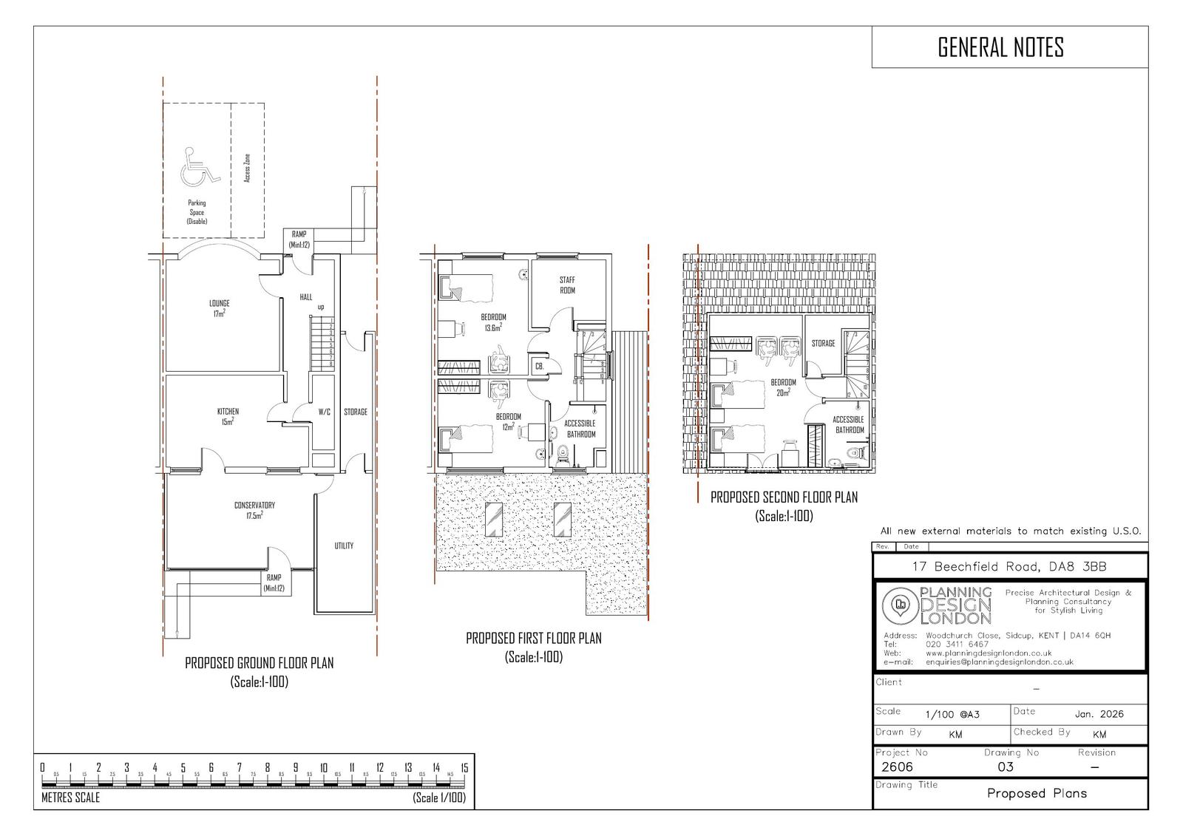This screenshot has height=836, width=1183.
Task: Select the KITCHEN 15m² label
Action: point(228,416)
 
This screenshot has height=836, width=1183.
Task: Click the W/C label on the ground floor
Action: point(324,412)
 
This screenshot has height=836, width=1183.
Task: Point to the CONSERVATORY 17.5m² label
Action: point(254,510)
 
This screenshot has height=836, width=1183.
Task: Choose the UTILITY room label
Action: point(344,546)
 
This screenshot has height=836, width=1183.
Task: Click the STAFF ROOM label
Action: point(567,285)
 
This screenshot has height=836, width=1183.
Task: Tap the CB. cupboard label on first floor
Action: point(539,366)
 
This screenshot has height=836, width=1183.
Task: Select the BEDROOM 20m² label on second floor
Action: point(783,387)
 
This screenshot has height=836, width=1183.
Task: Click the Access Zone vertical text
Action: point(247,169)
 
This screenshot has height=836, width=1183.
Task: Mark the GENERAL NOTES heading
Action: point(1000,47)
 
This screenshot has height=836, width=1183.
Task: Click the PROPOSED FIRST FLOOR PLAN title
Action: point(533,638)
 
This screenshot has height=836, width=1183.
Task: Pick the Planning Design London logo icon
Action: point(900,605)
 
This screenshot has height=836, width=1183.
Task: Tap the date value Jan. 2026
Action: point(1099,713)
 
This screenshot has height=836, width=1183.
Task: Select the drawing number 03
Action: point(1006,767)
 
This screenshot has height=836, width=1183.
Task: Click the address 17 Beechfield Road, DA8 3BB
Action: point(1009,568)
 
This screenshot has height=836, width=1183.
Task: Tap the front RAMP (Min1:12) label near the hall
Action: point(299,239)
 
